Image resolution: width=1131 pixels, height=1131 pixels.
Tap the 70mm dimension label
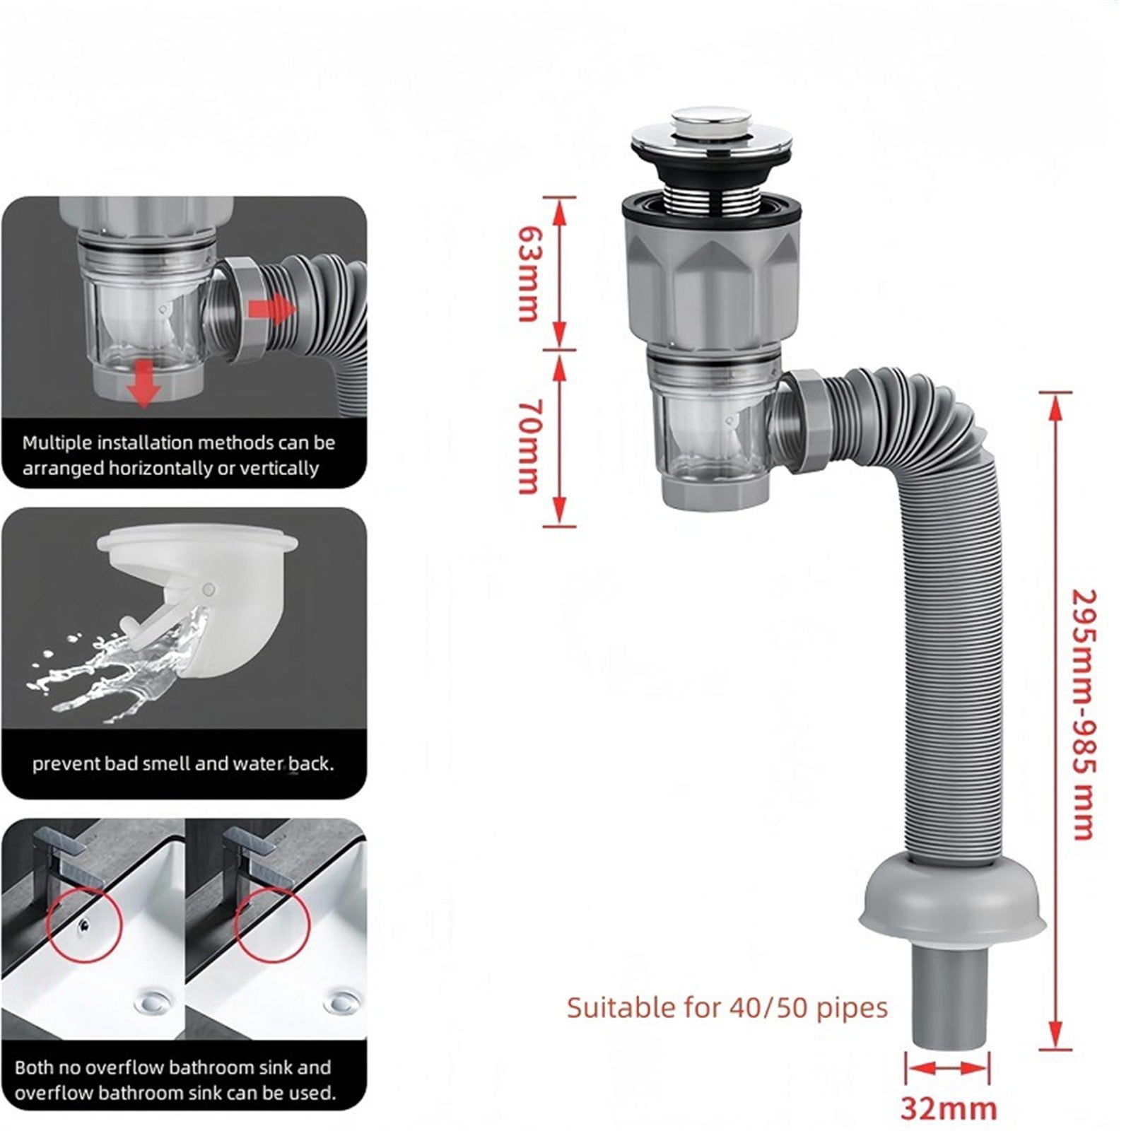pos(529,446)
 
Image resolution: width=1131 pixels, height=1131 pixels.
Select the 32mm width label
pos(948,1108)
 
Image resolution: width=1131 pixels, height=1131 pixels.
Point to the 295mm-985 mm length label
pos(1083,714)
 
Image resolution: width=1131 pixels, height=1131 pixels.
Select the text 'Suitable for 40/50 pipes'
pos(727,1007)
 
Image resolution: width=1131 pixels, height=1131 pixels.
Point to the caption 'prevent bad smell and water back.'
pos(183,763)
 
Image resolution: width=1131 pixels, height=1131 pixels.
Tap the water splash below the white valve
pos(113,668)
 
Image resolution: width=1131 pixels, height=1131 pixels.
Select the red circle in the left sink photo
pos(85,925)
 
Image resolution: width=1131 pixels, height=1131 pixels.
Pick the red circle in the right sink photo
pos(273,925)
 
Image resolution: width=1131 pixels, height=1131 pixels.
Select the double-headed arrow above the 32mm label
pos(948,1068)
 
